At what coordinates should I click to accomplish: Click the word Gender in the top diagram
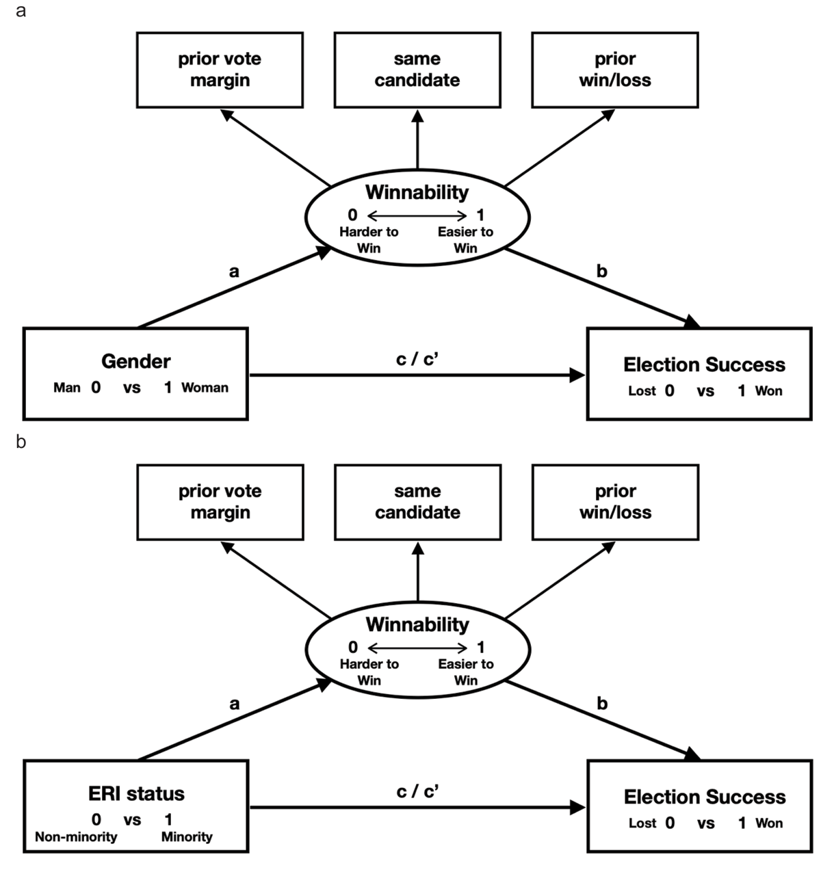point(135,361)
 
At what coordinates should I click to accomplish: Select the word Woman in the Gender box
point(205,388)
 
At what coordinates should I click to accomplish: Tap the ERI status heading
point(136,793)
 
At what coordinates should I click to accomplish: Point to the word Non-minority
point(76,837)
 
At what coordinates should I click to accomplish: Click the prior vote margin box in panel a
point(220,70)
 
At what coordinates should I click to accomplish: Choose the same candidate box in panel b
point(417,502)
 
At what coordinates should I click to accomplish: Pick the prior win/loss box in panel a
point(614,70)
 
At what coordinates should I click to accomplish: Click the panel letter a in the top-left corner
point(21,11)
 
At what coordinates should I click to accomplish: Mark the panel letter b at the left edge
point(21,442)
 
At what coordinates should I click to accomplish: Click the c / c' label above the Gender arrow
point(417,358)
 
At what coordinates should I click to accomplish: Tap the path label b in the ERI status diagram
point(602,703)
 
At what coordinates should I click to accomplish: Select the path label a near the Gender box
point(234,272)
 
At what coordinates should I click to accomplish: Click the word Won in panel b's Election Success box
point(768,823)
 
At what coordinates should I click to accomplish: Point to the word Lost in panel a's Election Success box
point(642,391)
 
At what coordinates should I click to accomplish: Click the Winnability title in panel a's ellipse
point(417,192)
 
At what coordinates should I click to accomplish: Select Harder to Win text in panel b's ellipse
point(369,672)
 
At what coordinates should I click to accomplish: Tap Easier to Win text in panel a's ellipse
point(465,240)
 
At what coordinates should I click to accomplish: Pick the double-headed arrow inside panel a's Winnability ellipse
point(417,215)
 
